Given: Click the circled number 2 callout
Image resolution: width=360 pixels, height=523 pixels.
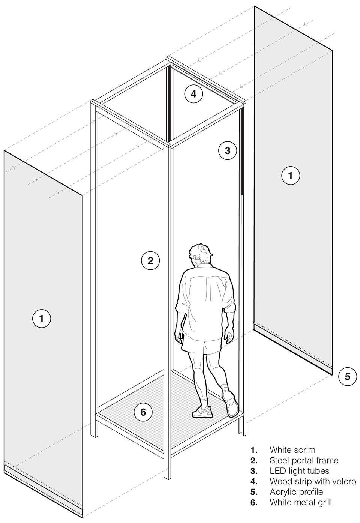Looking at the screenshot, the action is (150, 261).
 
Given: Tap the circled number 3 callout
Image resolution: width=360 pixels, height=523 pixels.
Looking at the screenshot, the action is (228, 150).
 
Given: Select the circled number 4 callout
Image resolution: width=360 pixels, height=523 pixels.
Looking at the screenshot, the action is (193, 94).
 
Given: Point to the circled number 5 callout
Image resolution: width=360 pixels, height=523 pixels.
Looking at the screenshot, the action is (348, 377).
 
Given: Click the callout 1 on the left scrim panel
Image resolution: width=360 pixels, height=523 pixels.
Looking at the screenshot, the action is (42, 319).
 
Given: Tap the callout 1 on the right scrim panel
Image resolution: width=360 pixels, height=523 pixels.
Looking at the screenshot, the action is (291, 175).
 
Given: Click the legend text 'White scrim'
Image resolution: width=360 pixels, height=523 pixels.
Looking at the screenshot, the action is (292, 450).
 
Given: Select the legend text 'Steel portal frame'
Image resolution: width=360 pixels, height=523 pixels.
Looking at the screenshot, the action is (304, 460).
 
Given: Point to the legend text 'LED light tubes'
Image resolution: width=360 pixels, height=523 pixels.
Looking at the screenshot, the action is (300, 471).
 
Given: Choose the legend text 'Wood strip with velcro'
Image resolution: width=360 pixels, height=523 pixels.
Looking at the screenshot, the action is (313, 481).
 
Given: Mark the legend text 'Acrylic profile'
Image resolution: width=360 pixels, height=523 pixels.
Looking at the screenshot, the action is (296, 492).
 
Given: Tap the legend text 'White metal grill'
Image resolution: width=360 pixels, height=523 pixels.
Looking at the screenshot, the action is (300, 502).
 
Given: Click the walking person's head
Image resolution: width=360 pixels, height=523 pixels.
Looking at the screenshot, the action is (200, 255).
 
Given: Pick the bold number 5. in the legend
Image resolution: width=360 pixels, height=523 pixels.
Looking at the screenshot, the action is (254, 492).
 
